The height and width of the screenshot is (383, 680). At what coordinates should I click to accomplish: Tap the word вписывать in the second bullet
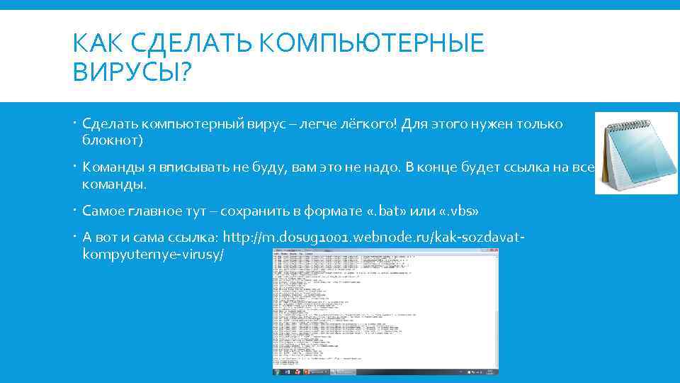coord(194,168)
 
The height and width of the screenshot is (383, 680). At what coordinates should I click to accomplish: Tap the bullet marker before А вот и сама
coord(76,237)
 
